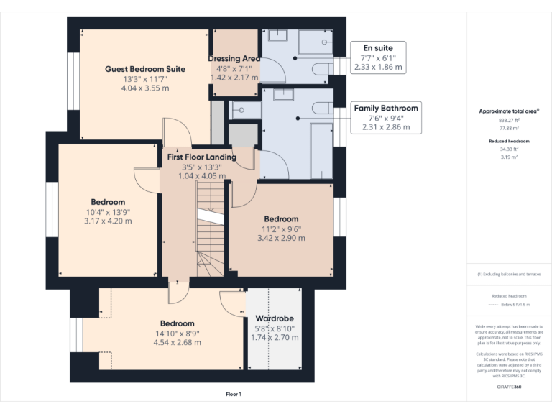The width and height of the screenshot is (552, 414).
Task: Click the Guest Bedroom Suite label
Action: coord(145,69)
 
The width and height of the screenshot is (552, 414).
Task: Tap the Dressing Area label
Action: coord(234,58)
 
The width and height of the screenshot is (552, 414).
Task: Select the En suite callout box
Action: coord(378,57)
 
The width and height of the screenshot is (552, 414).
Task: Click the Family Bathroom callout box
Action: coord(385,117)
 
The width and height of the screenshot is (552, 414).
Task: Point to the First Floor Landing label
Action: coord(201,157)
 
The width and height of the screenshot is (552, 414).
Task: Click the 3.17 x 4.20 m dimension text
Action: coord(108,221)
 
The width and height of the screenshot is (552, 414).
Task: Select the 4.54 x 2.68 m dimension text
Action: coord(177,343)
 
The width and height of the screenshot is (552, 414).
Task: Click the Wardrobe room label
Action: coord(274,318)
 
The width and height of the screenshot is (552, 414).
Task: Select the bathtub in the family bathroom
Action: coord(321,151)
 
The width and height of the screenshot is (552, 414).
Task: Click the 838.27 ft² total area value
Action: coord(509,121)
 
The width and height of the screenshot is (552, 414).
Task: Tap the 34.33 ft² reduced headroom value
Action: coord(509,149)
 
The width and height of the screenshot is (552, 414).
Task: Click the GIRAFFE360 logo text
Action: coord(509,387)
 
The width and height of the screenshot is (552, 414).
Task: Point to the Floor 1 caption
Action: coord(234,395)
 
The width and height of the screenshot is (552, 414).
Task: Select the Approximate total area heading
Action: coord(509,111)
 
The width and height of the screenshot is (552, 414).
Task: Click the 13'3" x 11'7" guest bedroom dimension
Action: coord(145,79)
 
